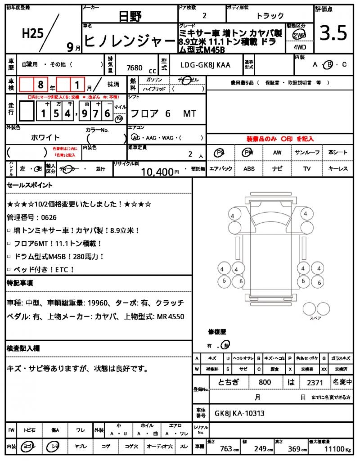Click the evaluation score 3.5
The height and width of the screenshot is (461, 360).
point(333,33)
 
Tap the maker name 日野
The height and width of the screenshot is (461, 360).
point(130,17)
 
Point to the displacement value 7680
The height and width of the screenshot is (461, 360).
point(135,68)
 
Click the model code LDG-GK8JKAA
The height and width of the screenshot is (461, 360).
point(205,65)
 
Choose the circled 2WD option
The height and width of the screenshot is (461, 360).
point(298,35)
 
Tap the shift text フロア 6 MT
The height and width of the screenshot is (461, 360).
point(162,113)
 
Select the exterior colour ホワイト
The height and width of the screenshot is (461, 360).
point(45,137)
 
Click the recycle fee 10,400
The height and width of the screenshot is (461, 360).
point(157,172)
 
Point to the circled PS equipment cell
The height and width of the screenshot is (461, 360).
point(220,153)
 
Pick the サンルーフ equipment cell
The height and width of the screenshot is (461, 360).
point(307,153)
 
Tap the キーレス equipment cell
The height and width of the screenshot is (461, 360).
point(338,169)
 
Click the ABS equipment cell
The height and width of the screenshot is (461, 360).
point(249,169)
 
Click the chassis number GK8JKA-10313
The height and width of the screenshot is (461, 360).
point(239,413)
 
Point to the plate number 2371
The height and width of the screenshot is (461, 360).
point(314,382)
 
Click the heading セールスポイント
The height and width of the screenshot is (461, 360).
point(30,185)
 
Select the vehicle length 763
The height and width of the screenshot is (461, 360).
point(226,449)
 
